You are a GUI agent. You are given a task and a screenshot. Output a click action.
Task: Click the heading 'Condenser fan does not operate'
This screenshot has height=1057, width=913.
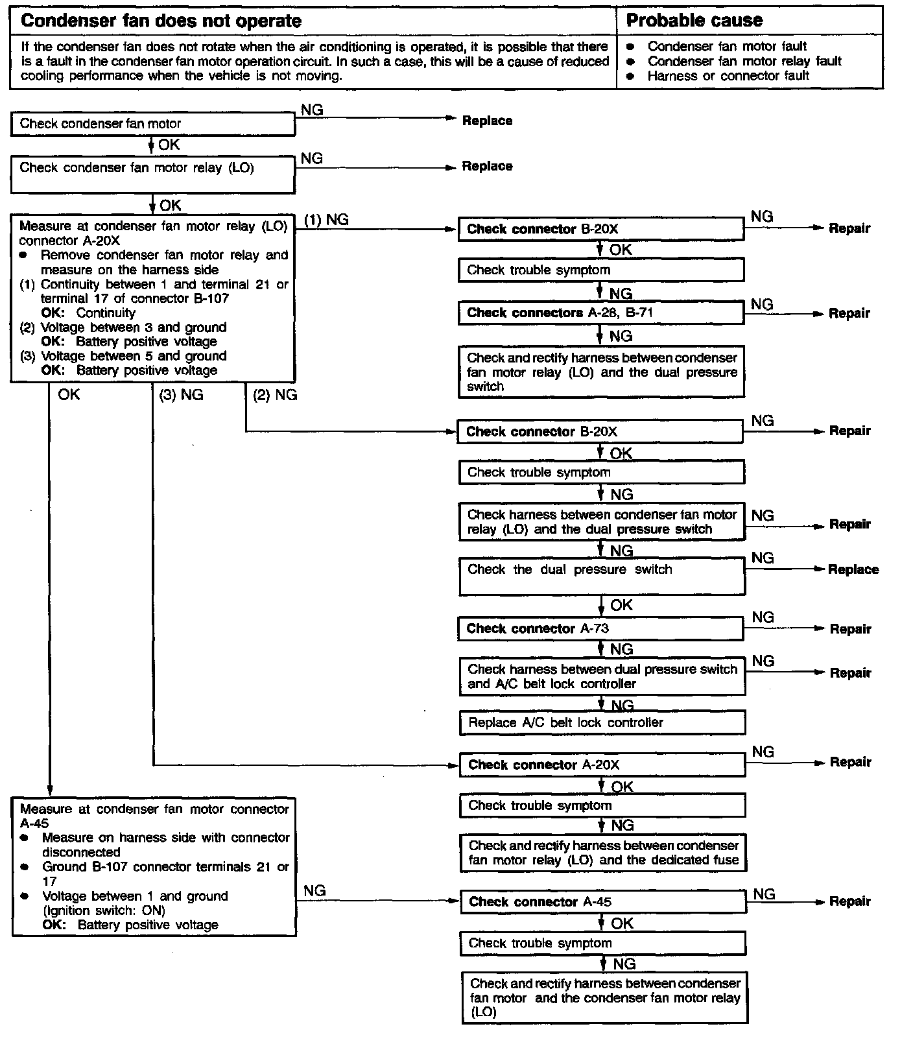pos(161,21)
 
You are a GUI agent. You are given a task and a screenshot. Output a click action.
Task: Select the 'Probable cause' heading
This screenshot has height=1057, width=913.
pos(694,21)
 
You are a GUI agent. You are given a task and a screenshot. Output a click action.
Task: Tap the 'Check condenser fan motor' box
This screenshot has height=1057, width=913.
pos(152,124)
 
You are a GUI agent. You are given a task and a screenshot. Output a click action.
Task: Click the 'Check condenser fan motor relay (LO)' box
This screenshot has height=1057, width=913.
pos(152,174)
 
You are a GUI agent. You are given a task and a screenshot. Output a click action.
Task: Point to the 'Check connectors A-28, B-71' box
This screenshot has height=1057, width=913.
pos(600,313)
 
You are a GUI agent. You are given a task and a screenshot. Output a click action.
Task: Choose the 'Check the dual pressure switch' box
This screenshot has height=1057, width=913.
pos(602,576)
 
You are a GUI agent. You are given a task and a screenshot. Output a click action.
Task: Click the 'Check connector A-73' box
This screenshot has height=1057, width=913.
pos(602,628)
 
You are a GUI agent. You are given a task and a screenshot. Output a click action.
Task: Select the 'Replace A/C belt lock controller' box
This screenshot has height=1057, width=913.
pos(602,722)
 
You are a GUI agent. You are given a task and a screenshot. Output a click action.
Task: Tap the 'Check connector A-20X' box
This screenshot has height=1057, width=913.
pos(602,765)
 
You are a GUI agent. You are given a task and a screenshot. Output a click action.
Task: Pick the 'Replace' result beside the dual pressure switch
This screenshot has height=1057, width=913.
pos(853,569)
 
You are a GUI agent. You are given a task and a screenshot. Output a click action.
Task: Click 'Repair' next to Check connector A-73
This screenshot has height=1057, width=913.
pos(851,629)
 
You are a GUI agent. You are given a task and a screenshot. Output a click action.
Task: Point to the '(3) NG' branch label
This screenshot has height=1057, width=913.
pos(181,395)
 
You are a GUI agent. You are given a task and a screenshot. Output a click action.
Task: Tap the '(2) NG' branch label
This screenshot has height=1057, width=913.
pos(275,395)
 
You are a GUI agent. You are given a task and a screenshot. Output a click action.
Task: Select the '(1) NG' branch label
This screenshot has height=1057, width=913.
pos(326,220)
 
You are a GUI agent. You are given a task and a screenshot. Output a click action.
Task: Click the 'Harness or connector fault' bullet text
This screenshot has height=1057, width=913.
pos(728,76)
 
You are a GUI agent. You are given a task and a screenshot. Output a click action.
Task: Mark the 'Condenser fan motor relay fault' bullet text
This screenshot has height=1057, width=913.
pos(744,61)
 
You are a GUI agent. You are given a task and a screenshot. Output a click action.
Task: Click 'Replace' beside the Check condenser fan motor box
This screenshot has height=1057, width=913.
pos(487,121)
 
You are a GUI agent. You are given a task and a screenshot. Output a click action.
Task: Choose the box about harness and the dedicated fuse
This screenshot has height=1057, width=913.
pos(603,853)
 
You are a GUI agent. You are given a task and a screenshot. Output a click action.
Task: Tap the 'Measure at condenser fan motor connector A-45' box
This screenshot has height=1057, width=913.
pos(154,866)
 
